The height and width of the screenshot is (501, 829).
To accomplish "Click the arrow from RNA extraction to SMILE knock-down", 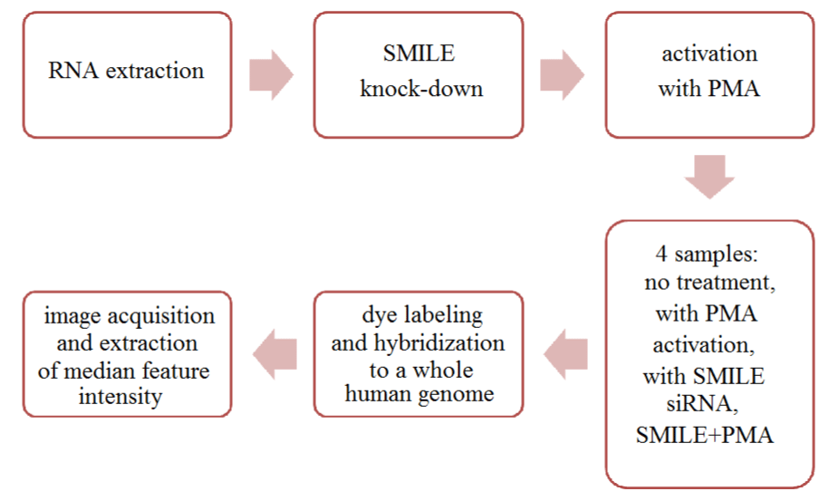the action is (271, 75).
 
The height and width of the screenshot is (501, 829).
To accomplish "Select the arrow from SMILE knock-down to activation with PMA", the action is (562, 75).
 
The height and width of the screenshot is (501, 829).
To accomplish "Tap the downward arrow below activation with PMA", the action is (709, 177).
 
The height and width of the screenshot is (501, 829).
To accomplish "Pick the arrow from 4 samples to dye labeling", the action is (565, 354).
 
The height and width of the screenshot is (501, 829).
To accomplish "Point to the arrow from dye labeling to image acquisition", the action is (275, 354).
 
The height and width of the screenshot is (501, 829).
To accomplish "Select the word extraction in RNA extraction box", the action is (155, 71).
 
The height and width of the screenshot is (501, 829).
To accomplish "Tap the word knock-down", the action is (421, 88).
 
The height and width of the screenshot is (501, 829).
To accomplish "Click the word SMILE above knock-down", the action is (419, 53).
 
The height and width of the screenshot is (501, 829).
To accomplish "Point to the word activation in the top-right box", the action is (709, 53).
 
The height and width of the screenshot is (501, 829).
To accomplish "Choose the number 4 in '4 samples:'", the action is (661, 255).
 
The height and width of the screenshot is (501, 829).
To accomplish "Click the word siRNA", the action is (702, 404).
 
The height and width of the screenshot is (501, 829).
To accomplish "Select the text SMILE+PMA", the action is (705, 436).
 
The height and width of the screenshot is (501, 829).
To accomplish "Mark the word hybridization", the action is (439, 343).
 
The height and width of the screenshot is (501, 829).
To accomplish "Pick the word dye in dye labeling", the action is (379, 315).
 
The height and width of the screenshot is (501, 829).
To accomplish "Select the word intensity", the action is (120, 397).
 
